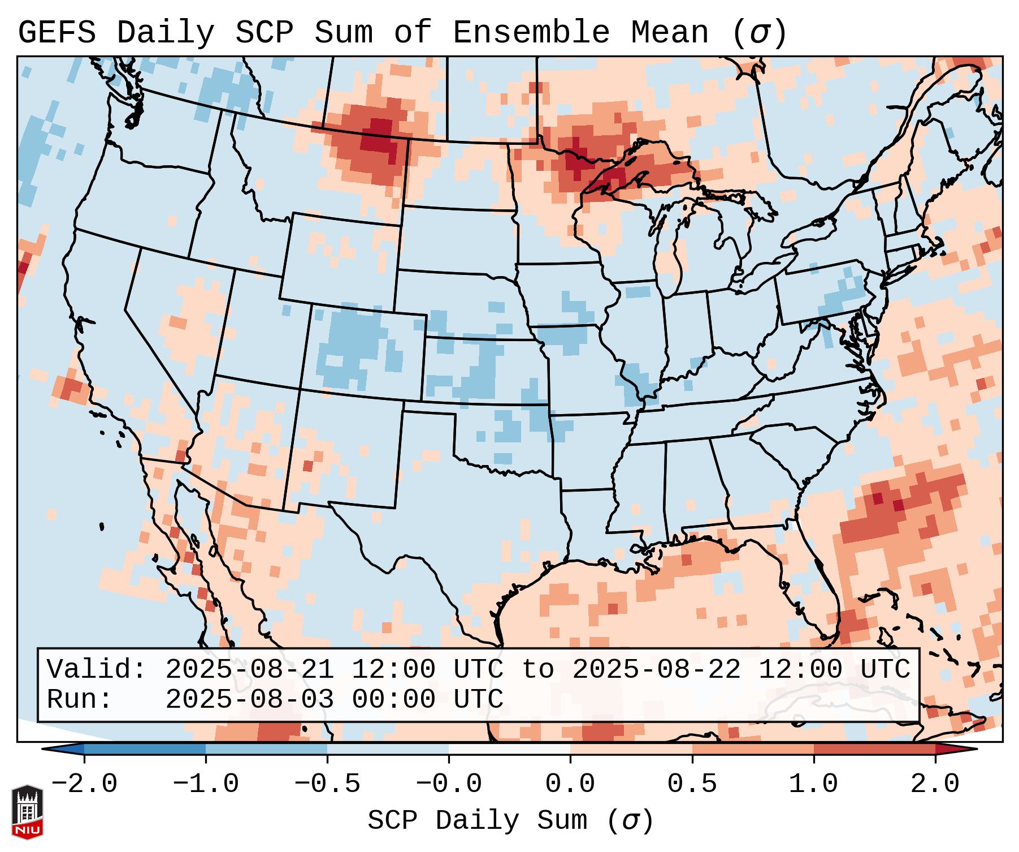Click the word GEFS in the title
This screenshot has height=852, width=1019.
(x=57, y=33)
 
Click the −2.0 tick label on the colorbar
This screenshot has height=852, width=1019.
(x=84, y=784)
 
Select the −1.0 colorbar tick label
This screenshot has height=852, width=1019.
(x=206, y=784)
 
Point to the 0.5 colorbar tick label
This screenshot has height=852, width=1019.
(x=692, y=784)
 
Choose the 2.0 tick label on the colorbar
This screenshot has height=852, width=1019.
(x=935, y=784)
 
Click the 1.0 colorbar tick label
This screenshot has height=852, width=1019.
(x=814, y=784)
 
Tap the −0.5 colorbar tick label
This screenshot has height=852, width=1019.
(x=327, y=784)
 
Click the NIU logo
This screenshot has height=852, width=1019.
(x=27, y=811)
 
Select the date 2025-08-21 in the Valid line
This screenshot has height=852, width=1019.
(x=249, y=670)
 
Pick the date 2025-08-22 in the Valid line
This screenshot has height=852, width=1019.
(x=656, y=670)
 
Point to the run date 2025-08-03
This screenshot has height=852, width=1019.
(x=249, y=700)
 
